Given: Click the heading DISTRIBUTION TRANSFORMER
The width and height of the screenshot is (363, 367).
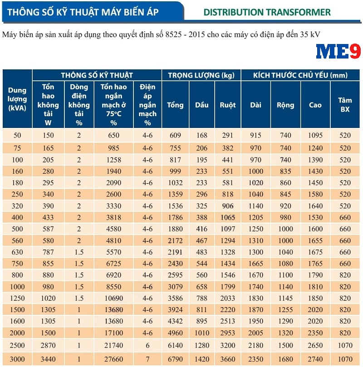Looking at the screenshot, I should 267,12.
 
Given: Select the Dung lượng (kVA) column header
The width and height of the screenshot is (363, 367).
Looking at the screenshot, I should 17,99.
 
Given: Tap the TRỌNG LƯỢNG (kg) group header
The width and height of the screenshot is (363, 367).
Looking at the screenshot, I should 201,75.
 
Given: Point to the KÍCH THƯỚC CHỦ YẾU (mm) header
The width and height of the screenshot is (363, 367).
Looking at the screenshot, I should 300,75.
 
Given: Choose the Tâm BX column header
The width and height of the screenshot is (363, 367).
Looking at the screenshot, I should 345,105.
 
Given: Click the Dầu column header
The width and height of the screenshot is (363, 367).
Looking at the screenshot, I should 202,105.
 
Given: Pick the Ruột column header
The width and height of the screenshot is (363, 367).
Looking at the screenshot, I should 228,105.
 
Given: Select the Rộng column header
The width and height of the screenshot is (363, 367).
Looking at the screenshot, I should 285,105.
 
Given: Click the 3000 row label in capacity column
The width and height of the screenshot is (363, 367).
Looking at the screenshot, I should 17,359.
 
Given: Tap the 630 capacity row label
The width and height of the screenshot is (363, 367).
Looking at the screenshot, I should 17,252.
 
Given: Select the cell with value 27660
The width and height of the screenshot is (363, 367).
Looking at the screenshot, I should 113,359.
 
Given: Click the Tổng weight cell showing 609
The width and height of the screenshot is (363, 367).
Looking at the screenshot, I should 175,135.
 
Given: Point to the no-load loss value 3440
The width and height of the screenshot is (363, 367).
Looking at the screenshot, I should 48,359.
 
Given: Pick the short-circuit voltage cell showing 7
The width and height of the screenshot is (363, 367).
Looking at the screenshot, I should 147,359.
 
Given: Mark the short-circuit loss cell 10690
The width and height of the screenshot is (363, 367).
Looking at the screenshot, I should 113,298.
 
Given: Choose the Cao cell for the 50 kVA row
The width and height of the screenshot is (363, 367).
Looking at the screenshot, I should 315,135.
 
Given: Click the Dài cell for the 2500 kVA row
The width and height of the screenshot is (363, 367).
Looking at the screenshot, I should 256,346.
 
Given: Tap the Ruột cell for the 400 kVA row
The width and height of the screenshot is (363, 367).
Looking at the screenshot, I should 228,218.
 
